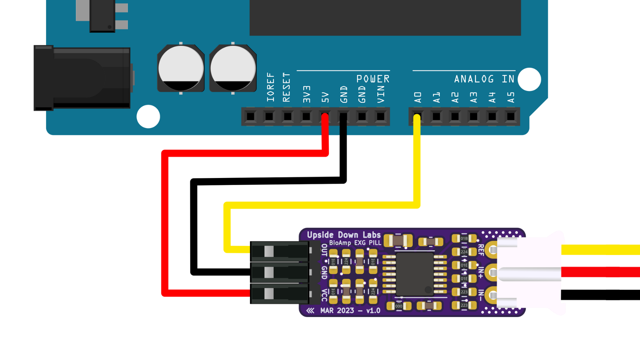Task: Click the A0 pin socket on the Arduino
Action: coord(417,116)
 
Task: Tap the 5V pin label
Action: coord(325,97)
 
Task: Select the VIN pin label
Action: coord(381,94)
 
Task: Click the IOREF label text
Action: coord(270,87)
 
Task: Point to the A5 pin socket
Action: coord(510,116)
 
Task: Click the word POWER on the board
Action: coord(373,79)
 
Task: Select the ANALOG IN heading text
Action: coord(484,79)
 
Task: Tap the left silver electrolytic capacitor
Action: coord(181,69)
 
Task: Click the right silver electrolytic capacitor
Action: coord(233,69)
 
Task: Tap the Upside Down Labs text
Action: coord(343,235)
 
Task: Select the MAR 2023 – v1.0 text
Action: coord(350,311)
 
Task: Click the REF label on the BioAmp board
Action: coord(481,250)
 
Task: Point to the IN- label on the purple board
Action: coord(481,295)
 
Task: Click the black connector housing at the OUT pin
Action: coord(279,251)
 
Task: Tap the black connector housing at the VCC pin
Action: coord(279,294)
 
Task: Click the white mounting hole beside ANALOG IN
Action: coord(529,79)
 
